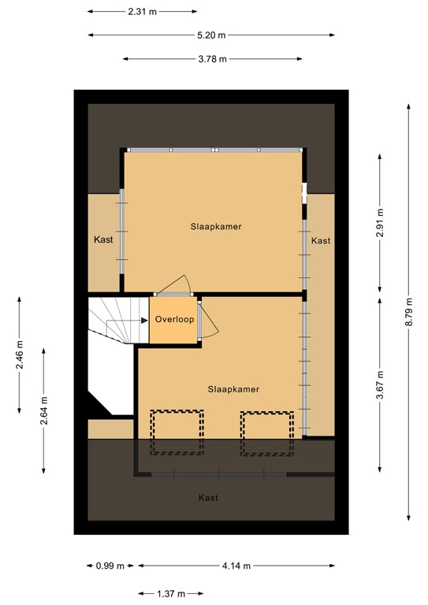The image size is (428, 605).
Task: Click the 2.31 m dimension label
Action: click(143, 12)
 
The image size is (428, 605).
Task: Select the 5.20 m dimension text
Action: click(211, 35)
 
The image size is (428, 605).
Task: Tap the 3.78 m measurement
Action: click(212, 59)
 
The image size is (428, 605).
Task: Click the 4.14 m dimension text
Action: click(236, 566)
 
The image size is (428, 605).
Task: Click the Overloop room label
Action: click(173, 320)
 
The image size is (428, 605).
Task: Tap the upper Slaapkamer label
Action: click(215, 226)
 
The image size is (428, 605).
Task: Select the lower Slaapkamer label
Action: click(233, 389)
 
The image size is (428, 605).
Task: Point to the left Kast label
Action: click(103, 240)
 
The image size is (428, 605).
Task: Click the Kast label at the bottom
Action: click(208, 498)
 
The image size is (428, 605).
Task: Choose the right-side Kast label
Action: click(321, 241)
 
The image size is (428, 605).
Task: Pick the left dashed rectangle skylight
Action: click(177, 432)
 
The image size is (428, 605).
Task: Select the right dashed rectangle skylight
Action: click(267, 432)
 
